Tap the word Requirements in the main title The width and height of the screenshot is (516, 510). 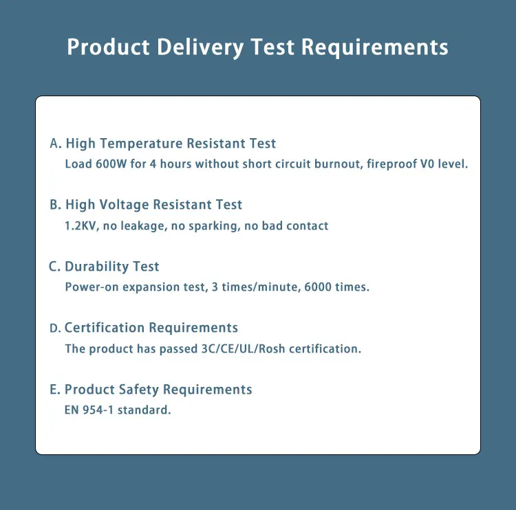pos(375,47)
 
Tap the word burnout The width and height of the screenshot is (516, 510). pos(334,164)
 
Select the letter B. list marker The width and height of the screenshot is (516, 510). pos(56,205)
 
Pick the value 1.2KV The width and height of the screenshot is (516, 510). pos(81,225)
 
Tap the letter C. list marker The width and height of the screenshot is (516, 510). pos(56,267)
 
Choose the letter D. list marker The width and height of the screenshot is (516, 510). pos(56,329)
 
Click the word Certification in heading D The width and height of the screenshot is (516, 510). pos(105,328)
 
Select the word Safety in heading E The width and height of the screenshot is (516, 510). pos(139,390)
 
